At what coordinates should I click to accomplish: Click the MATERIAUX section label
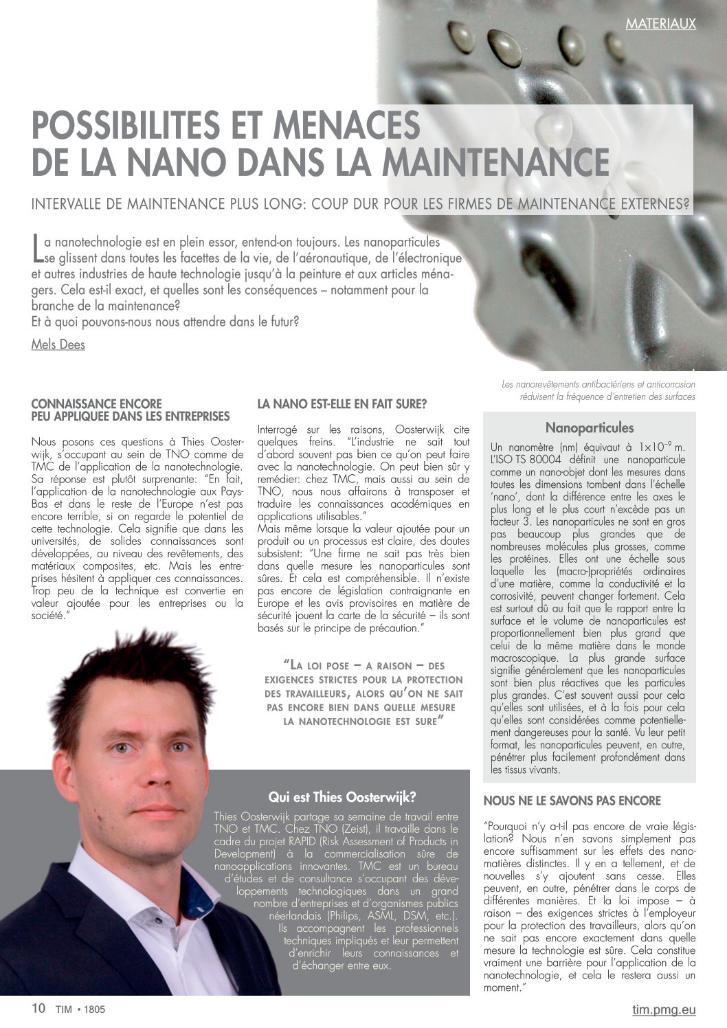[x=660, y=24]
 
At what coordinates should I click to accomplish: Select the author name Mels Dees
[x=58, y=344]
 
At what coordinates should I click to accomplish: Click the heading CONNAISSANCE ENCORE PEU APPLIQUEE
[x=131, y=410]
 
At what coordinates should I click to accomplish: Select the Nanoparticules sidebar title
[x=590, y=428]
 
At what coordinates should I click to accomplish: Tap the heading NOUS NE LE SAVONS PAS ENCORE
[x=572, y=801]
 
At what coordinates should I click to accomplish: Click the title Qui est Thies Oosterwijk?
[x=342, y=797]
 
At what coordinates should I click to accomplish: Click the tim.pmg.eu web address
[x=664, y=1009]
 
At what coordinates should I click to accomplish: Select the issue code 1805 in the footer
[x=96, y=1009]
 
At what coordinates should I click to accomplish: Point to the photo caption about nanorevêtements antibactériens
[x=598, y=390]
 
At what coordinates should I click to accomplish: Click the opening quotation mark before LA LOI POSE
[x=287, y=664]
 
